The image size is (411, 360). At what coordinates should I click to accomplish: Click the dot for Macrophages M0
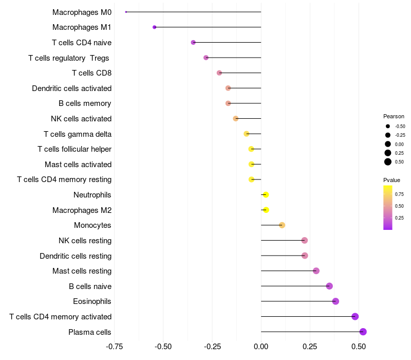(x=126, y=12)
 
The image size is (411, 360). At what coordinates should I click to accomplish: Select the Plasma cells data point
(x=363, y=332)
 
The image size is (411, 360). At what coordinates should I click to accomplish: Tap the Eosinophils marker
(x=335, y=301)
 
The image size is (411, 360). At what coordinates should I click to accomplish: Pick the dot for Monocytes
(x=282, y=225)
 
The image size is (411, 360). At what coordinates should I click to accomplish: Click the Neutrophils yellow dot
(x=266, y=195)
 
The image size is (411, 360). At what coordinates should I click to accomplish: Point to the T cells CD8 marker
(x=219, y=73)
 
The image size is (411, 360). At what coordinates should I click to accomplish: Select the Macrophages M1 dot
(x=154, y=27)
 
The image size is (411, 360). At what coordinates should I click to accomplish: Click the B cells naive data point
(x=329, y=286)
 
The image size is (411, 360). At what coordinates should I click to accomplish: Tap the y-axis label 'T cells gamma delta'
(x=78, y=134)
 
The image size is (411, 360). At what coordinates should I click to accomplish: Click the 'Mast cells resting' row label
(x=82, y=271)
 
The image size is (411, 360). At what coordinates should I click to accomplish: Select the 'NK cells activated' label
(x=81, y=119)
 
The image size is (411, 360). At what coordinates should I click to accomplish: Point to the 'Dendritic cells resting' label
(x=76, y=256)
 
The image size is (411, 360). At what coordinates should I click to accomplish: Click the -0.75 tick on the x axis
(x=114, y=347)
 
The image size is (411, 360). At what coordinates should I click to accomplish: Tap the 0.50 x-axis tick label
(x=359, y=347)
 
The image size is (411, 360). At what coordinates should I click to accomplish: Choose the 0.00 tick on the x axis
(x=261, y=347)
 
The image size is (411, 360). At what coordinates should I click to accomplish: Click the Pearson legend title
(x=394, y=116)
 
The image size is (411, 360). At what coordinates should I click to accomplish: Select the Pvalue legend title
(x=391, y=180)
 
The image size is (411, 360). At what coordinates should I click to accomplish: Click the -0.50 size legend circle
(x=388, y=126)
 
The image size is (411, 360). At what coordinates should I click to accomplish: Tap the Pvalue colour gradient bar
(x=388, y=207)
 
